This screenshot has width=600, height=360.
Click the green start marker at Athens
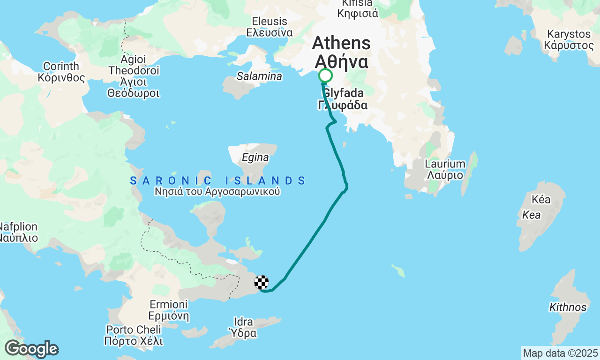325,75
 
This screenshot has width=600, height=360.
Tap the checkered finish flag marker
262,282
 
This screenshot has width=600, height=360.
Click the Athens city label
341,52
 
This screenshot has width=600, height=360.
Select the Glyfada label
343,99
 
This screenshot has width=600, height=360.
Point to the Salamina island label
259,76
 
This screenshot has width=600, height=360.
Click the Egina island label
255,158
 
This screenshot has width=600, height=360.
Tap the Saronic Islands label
218,180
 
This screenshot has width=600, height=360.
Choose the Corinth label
61,72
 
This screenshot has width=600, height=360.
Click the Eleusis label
270,27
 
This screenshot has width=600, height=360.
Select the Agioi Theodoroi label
134,76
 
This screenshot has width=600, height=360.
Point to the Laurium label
445,170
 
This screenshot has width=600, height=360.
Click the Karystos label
569,40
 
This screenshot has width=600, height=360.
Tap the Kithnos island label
568,307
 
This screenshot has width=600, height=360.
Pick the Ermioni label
168,310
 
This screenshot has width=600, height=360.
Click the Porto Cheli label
134,335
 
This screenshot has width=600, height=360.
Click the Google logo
31,349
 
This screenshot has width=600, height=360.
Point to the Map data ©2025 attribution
560,353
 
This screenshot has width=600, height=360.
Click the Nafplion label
18,232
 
